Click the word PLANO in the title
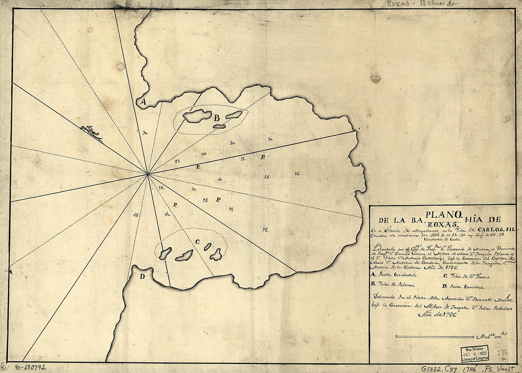pos(442,214)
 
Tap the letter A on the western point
pos(141,102)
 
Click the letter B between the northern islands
pos(216,117)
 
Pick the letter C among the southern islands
pos(197,242)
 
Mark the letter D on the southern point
pos(142,277)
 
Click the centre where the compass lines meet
pos(148,174)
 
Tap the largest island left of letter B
pos(197,116)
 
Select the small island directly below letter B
pos(219,126)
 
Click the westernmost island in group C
pos(165,253)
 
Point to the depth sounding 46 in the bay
pos(297,174)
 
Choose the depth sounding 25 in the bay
pos(267,177)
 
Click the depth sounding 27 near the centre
pos(177,161)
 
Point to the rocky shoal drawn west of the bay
pos(91,132)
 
